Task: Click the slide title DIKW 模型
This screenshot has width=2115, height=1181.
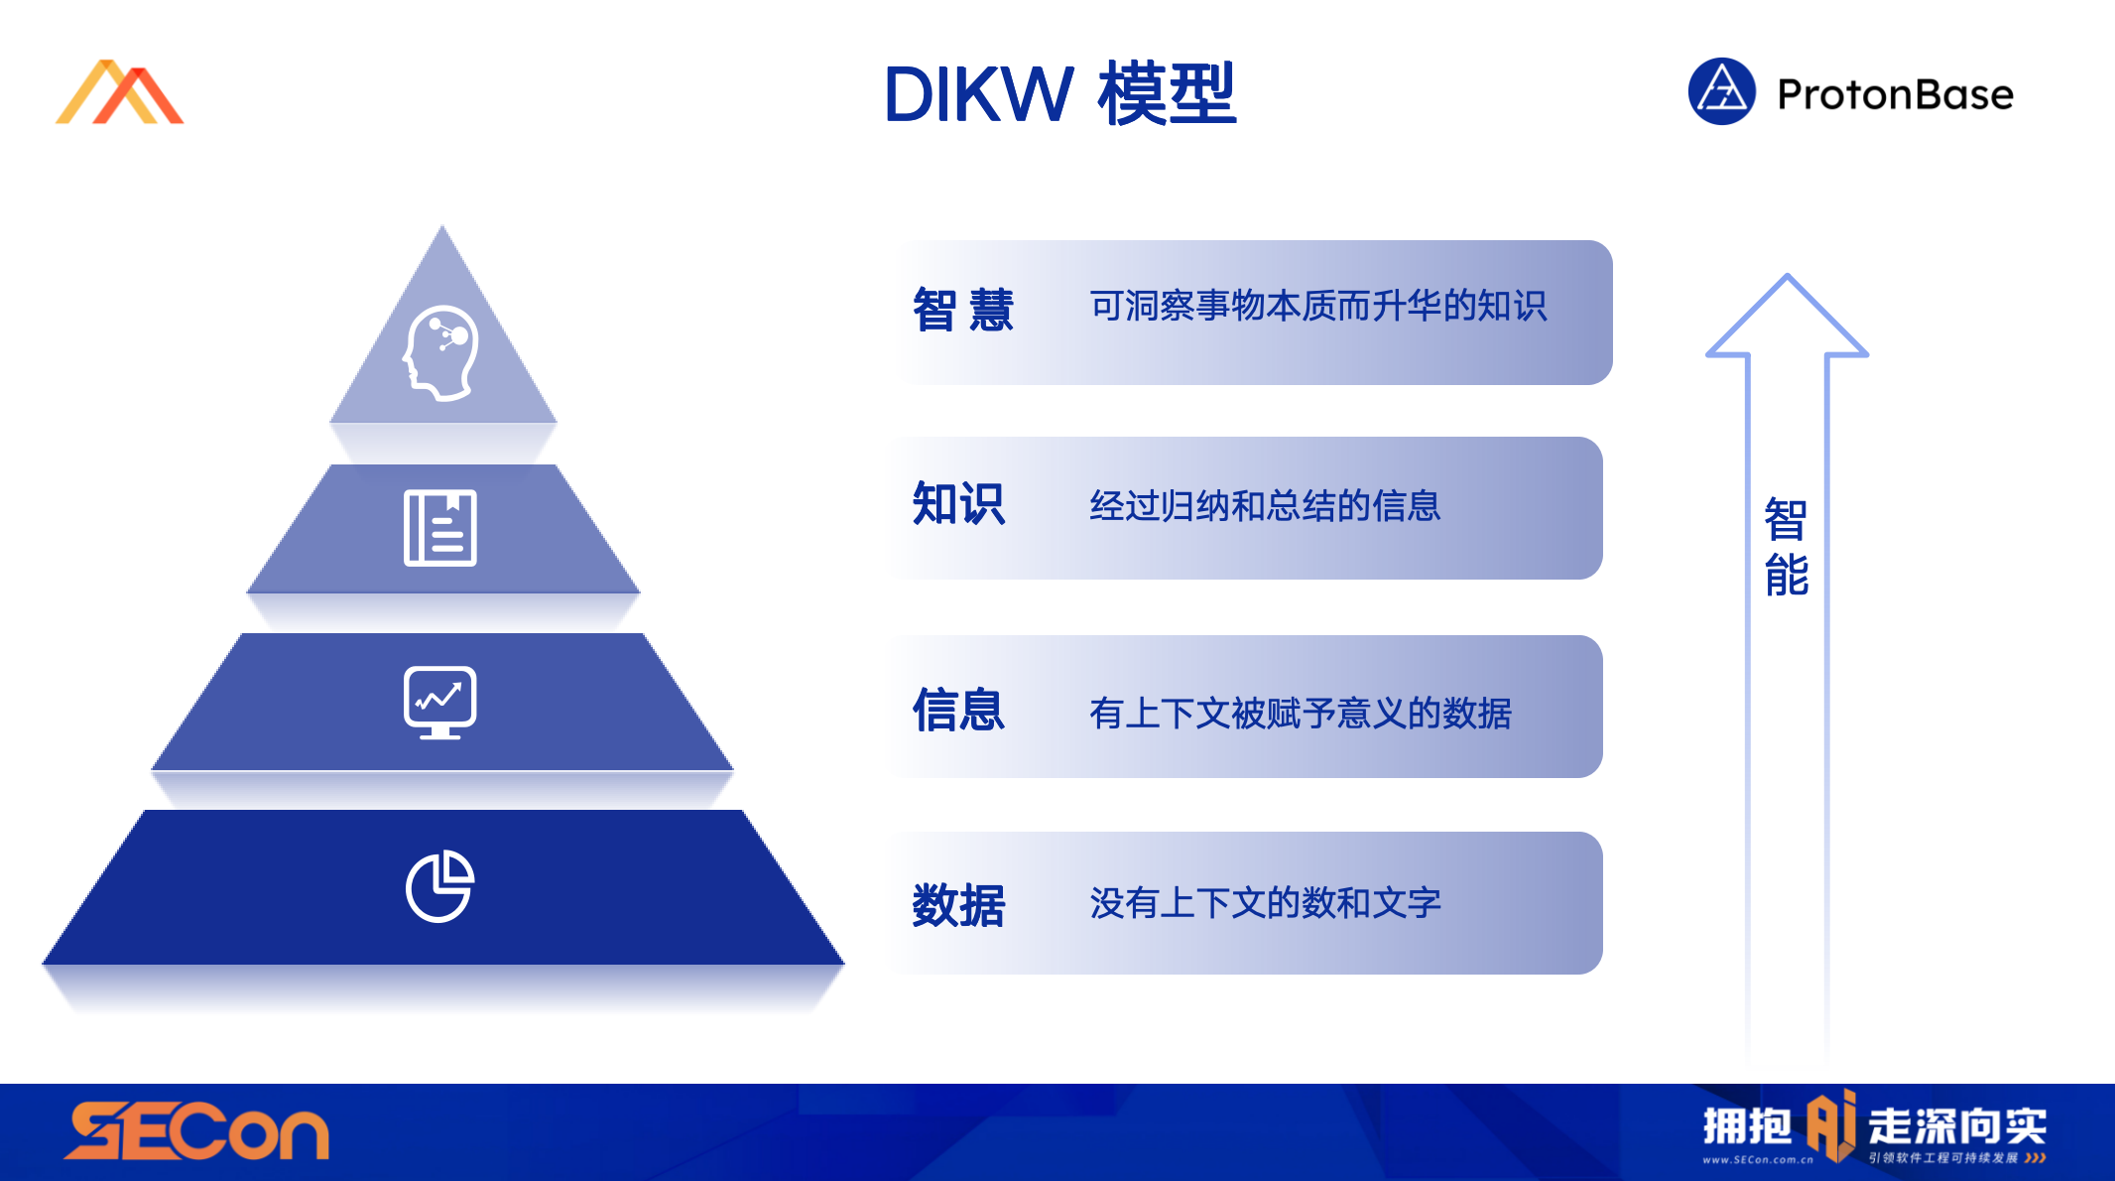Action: pos(1059,94)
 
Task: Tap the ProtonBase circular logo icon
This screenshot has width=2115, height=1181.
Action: pos(1721,92)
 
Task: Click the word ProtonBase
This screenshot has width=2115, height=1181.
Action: pos(1895,95)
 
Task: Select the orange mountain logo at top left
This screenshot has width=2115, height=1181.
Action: pos(120,93)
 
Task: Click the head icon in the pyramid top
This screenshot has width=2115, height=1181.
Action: pos(441,352)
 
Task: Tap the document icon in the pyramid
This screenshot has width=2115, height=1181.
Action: pos(440,528)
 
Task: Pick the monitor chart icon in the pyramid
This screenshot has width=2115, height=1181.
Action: pos(440,702)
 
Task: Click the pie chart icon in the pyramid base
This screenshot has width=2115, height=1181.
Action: pos(440,885)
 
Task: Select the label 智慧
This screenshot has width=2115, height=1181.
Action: pos(962,310)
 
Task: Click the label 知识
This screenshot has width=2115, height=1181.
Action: pos(958,504)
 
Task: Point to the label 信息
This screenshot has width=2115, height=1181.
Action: pos(958,710)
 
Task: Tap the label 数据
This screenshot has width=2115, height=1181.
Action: pos(958,904)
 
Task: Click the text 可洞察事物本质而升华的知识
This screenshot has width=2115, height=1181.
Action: pos(1317,306)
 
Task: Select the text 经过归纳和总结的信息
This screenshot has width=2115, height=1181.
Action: pos(1265,506)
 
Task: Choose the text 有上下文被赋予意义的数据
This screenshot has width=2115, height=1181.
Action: pos(1300,713)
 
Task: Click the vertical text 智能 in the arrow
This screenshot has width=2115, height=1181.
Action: pos(1787,547)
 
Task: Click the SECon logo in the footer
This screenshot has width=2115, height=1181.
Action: pos(196,1131)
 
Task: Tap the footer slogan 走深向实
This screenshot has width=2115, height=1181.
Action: pos(1956,1125)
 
